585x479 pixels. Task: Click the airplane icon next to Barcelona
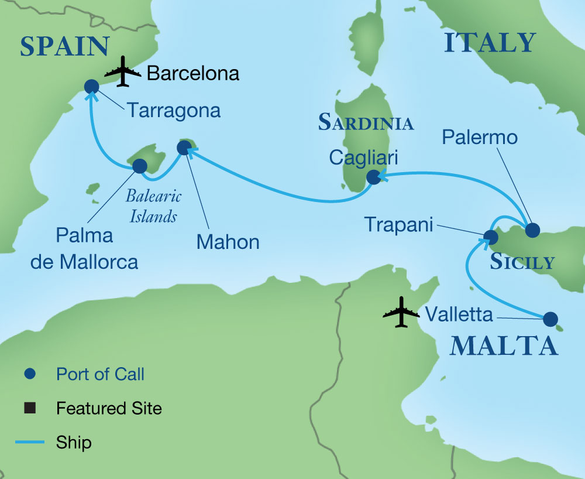[x=123, y=72]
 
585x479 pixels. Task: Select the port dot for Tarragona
[x=91, y=87]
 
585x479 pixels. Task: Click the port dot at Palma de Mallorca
[x=140, y=166]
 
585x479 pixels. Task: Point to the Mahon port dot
[x=183, y=149]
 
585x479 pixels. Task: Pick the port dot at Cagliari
[x=373, y=177]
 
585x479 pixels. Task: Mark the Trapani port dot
[x=490, y=237]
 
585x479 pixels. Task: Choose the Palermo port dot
[x=532, y=230]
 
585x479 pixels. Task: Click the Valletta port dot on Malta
[x=550, y=319]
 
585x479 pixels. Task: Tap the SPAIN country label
[x=64, y=47]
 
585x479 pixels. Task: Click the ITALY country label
[x=490, y=43]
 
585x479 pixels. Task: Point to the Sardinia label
[x=366, y=122]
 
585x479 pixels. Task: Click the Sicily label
[x=522, y=262]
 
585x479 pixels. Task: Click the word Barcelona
[x=193, y=73]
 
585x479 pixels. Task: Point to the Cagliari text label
[x=364, y=156]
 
